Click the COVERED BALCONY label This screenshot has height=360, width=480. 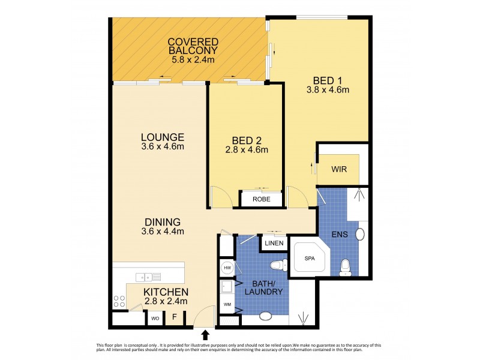193,46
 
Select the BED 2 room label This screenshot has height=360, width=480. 245,139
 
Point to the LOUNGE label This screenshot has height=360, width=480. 158,136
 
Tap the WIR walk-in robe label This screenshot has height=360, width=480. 339,169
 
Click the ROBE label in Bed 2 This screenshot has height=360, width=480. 260,199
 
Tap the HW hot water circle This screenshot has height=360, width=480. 227,268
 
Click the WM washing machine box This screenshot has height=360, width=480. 226,305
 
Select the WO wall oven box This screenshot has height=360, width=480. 154,317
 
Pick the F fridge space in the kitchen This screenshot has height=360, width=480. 175,317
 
